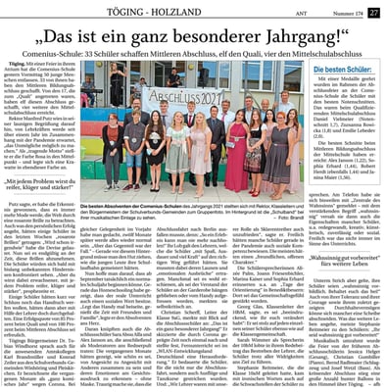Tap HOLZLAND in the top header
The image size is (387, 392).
(208, 11)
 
